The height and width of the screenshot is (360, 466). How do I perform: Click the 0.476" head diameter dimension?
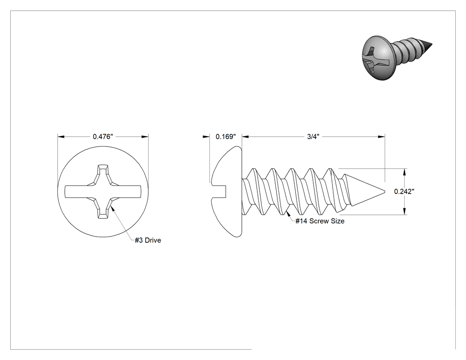coord(103,136)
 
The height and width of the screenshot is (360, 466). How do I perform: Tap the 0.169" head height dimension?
coord(225,136)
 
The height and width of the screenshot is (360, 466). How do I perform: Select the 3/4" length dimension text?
coord(313,136)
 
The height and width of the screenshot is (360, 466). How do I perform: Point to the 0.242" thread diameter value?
coord(404,191)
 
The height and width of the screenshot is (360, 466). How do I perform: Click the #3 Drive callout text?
coord(148,240)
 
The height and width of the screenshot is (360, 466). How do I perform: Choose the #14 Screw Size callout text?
coord(320,221)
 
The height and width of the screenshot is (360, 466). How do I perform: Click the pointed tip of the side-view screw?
coord(385,191)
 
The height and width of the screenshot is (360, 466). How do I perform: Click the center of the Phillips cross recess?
coord(103,191)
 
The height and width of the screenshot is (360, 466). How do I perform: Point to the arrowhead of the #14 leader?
coord(288,214)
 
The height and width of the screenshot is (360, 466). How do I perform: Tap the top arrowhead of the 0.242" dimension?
coord(404,171)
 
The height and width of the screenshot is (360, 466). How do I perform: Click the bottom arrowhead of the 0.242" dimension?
coord(404,211)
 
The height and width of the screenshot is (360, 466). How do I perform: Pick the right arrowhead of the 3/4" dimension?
coord(381,136)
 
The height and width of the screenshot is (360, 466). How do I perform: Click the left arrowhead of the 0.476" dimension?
coord(61,136)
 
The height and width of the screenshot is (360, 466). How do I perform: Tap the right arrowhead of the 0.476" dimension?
coord(145,136)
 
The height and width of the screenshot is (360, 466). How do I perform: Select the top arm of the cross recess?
coord(103,174)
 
